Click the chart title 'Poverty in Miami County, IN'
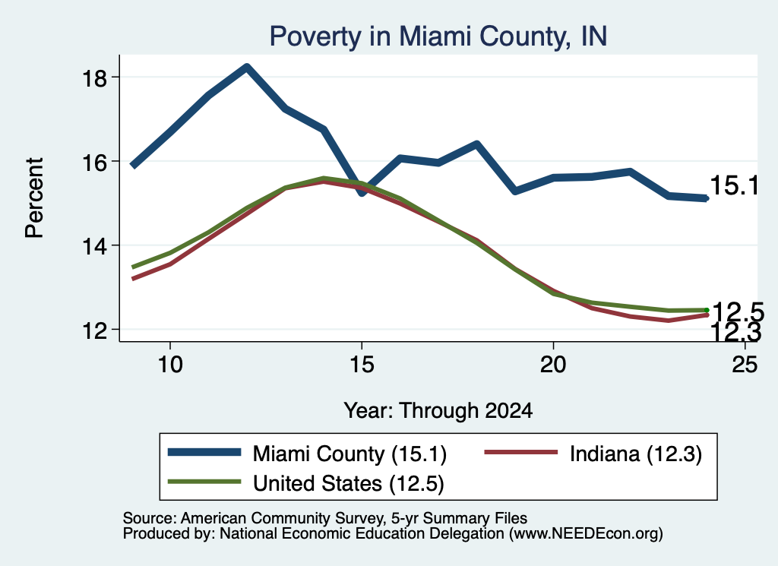[438, 36]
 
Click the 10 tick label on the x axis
[170, 365]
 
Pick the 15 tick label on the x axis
[362, 365]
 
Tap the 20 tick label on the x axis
[553, 365]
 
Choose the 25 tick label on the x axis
[745, 365]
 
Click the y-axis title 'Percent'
[35, 198]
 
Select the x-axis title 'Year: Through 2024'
[438, 411]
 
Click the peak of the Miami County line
[247, 67]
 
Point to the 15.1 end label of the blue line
[735, 185]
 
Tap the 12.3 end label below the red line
[736, 332]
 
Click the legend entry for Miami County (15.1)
[308, 454]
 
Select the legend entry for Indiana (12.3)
[593, 454]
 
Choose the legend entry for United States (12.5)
[306, 483]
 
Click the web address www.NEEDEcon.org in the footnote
[585, 534]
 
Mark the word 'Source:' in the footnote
[150, 518]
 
